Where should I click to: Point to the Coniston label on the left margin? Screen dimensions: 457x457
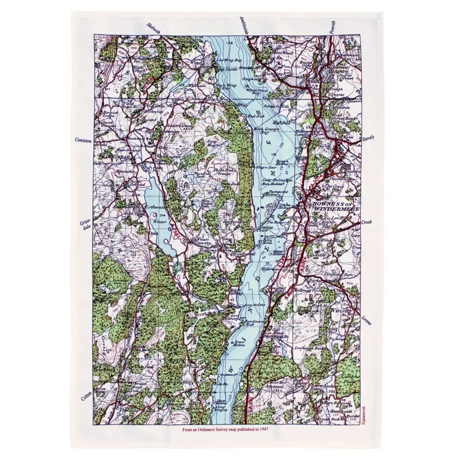pos(84,141)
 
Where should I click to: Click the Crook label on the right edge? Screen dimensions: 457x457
pos(367,222)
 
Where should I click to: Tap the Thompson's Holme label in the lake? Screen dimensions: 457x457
pos(278,194)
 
